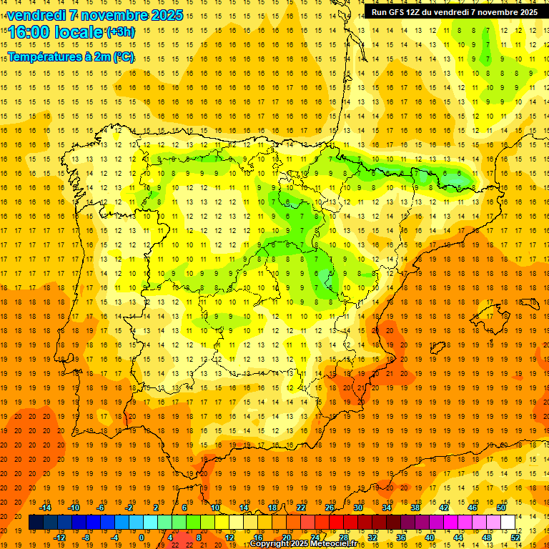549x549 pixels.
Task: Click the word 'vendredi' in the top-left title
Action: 36,15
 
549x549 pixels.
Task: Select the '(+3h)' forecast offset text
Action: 119,31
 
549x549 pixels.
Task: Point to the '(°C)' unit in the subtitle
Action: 122,56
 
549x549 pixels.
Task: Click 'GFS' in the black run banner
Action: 401,12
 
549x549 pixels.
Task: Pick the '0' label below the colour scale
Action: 142,537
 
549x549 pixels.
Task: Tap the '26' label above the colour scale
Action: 330,508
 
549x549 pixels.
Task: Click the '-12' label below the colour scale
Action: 59,537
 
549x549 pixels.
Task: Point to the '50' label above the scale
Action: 501,508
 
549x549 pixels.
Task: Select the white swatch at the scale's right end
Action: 508,522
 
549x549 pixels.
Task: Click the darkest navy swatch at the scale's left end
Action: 36,522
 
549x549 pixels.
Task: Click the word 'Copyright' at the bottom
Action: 271,544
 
